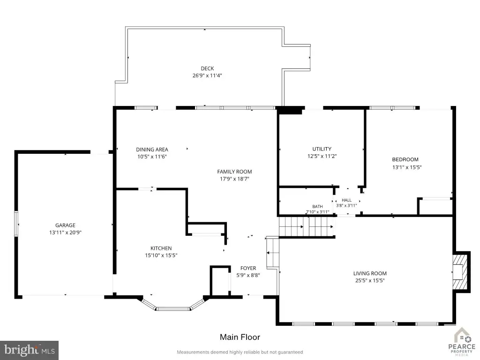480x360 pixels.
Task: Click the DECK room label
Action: (207, 68)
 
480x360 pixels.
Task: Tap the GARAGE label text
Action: (65, 225)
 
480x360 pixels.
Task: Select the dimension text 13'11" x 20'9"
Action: (65, 232)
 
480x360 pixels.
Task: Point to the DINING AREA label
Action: (152, 150)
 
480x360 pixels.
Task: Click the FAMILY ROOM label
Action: (234, 172)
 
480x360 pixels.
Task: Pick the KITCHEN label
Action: (161, 248)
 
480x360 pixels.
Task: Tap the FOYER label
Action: (248, 268)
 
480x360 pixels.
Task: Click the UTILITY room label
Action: (322, 149)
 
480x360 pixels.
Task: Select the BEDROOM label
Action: (405, 159)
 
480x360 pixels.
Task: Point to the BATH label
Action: (317, 207)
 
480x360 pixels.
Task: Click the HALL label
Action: (346, 200)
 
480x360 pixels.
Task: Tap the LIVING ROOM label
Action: (370, 273)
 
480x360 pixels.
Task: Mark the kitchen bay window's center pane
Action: (173, 308)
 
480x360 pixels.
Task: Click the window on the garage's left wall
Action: (16, 224)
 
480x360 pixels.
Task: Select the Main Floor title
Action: (240, 337)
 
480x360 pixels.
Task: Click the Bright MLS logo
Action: (29, 350)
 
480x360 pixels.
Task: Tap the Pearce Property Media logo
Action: (462, 342)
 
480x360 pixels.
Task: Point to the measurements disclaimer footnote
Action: (240, 352)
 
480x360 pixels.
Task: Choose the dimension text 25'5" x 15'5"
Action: (370, 280)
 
